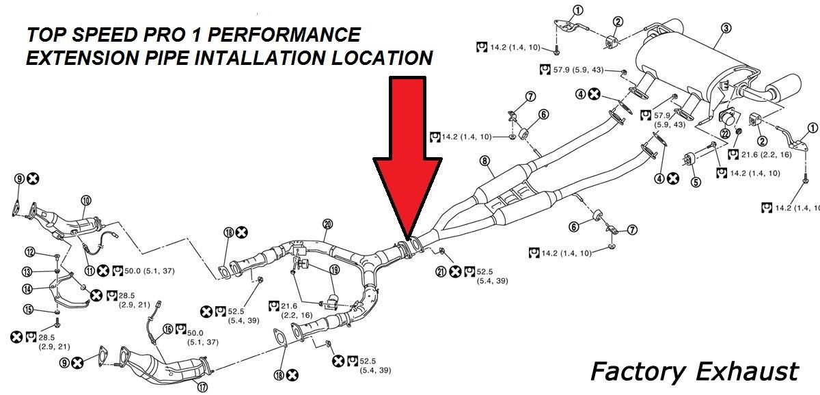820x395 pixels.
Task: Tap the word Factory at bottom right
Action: click(638, 372)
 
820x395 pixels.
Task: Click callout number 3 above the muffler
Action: click(726, 28)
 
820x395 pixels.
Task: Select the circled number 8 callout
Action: click(484, 161)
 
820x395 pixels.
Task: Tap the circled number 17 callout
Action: click(202, 387)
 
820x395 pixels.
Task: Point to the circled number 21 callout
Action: click(442, 272)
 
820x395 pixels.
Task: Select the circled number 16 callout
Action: click(167, 329)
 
